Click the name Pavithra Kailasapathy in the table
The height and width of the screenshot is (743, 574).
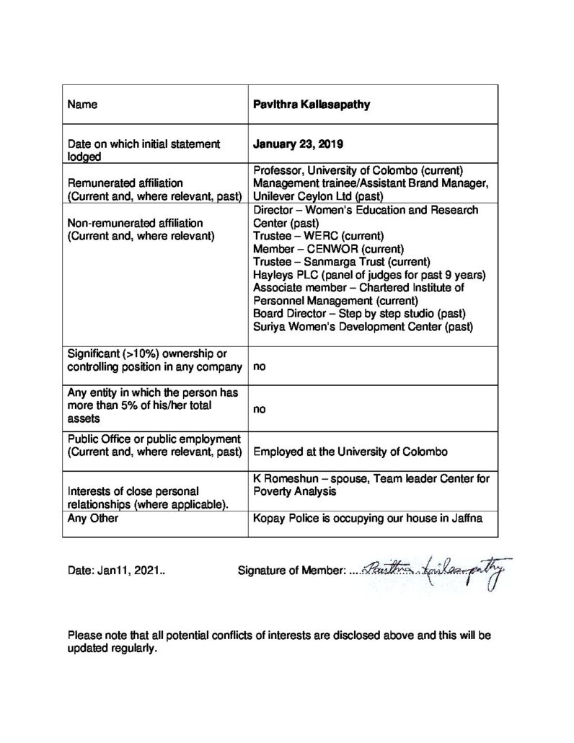pyautogui.click(x=312, y=104)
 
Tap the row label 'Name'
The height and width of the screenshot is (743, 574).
pyautogui.click(x=82, y=104)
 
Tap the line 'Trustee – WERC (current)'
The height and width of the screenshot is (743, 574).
pyautogui.click(x=312, y=235)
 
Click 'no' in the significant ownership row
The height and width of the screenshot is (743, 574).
pyautogui.click(x=259, y=366)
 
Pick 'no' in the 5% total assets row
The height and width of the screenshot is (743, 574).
pyautogui.click(x=259, y=409)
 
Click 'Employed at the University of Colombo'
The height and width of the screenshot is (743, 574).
pyautogui.click(x=350, y=452)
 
